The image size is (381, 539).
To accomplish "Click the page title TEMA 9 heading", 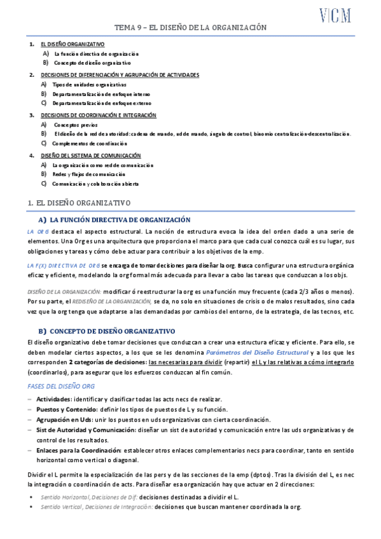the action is tap(190, 28).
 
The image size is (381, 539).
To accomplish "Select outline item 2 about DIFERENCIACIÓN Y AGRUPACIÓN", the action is tap(120, 75).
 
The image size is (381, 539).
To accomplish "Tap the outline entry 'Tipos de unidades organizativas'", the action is tap(89, 85).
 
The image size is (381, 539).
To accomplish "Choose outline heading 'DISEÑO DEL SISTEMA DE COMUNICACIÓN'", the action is tap(91, 156).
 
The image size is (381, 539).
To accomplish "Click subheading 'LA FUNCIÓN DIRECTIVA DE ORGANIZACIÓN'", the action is tap(120, 219).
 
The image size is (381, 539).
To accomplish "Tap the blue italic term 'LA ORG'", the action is tap(38, 231).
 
